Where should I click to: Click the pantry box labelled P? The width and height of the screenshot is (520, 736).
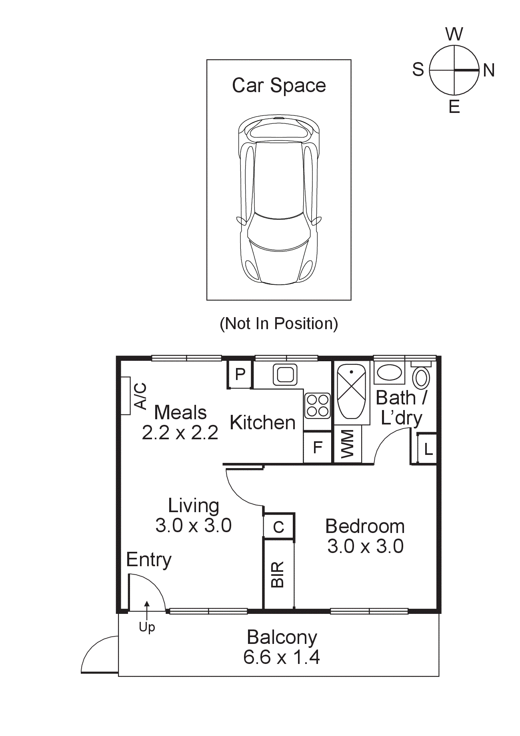point(240,374)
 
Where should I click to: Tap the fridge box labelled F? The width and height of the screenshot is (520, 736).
point(318,447)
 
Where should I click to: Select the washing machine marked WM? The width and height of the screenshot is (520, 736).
point(348,444)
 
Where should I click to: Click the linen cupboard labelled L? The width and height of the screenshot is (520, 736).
point(428,449)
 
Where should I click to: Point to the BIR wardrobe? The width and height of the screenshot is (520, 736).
point(278,574)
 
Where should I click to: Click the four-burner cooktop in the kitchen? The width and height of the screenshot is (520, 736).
point(318,405)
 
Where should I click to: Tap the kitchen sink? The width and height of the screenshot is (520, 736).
point(285,375)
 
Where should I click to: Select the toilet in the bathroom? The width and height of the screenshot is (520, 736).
point(421,376)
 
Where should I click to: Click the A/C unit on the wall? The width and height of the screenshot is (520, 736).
point(126,396)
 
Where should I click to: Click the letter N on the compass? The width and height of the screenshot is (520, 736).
point(489,70)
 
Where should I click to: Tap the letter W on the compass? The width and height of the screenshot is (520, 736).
point(454,34)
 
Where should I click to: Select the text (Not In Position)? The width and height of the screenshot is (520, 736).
point(279,324)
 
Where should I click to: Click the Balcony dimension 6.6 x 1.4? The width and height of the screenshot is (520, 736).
point(282,657)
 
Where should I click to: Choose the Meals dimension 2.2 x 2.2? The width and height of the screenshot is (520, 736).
point(180,432)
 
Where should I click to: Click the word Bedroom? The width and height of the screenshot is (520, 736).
point(365,526)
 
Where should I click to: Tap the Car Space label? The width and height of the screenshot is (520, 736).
point(279,85)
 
